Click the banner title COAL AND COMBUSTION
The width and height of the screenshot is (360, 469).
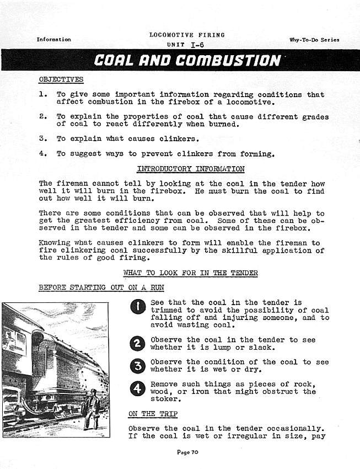(x=187, y=60)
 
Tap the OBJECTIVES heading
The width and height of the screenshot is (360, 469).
(x=61, y=79)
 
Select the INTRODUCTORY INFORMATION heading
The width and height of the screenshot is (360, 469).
(x=190, y=169)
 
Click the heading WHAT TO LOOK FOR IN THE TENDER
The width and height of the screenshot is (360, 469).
(x=190, y=273)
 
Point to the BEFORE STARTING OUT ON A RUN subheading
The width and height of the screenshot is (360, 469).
(x=101, y=287)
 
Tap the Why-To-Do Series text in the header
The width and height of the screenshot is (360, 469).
(x=314, y=40)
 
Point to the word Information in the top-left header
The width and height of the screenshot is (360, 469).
(x=53, y=40)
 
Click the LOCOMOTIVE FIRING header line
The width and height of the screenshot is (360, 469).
(x=187, y=35)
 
